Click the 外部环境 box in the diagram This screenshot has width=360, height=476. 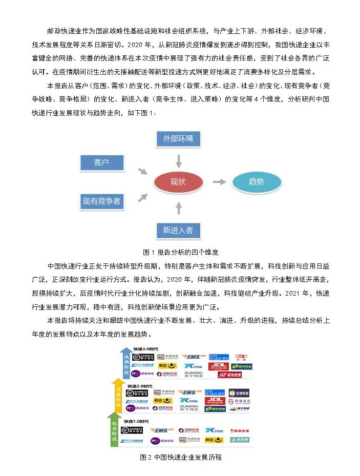pyautogui.click(x=178, y=139)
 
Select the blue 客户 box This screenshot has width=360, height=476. pyautogui.click(x=102, y=162)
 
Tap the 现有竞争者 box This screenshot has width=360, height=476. pyautogui.click(x=102, y=201)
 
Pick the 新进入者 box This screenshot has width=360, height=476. pyautogui.click(x=178, y=230)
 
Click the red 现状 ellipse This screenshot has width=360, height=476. pyautogui.click(x=178, y=182)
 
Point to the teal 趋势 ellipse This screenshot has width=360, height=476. pyautogui.click(x=256, y=182)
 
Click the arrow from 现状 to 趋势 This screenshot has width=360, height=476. pyautogui.click(x=219, y=182)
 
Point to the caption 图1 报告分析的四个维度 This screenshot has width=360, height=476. pyautogui.click(x=180, y=252)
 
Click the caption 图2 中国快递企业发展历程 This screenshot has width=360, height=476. pyautogui.click(x=180, y=457)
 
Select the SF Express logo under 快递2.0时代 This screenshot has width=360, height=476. pyautogui.click(x=138, y=393)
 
